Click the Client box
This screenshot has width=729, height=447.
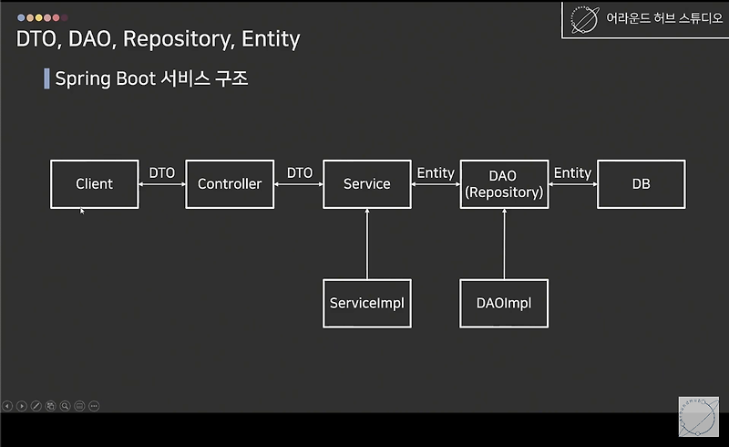95,184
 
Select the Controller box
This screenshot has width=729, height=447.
230,184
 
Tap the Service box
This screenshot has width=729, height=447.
366,184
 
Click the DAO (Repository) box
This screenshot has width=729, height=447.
504,184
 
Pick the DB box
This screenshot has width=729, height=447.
641,184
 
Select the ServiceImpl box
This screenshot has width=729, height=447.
366,303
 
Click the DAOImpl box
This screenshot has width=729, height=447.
504,303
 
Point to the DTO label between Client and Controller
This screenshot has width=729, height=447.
162,172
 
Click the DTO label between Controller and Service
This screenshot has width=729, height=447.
299,172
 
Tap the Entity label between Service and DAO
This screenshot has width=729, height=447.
436,172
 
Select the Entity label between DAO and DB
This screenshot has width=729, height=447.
572,172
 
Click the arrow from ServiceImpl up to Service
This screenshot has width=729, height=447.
367,244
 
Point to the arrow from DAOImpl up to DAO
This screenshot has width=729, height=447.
504,244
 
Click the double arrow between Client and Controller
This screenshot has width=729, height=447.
162,184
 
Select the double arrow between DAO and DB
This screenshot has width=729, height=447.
572,184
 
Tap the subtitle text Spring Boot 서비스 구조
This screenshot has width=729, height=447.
151,78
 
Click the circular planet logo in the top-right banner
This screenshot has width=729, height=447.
584,19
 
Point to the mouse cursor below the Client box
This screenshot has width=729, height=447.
82,212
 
